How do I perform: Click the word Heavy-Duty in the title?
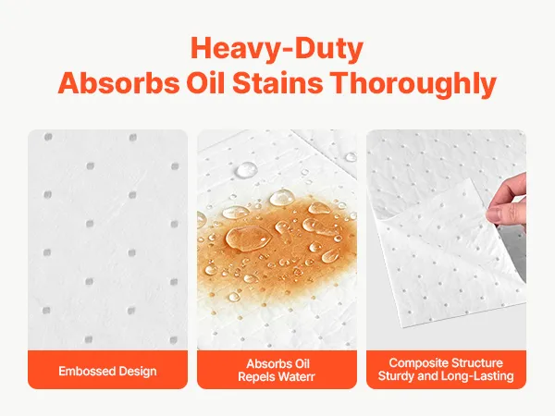click(x=277, y=48)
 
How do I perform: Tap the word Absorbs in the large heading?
click(x=118, y=83)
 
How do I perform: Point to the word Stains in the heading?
click(x=277, y=83)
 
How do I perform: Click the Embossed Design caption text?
click(x=107, y=371)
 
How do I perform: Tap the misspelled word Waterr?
click(x=296, y=377)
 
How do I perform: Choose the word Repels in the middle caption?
click(x=256, y=377)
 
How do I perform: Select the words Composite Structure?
click(x=446, y=363)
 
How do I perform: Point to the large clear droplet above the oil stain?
click(x=247, y=170)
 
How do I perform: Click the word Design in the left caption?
click(x=138, y=372)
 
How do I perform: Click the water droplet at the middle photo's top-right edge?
click(x=351, y=157)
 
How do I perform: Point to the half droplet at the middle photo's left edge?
click(x=202, y=220)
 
